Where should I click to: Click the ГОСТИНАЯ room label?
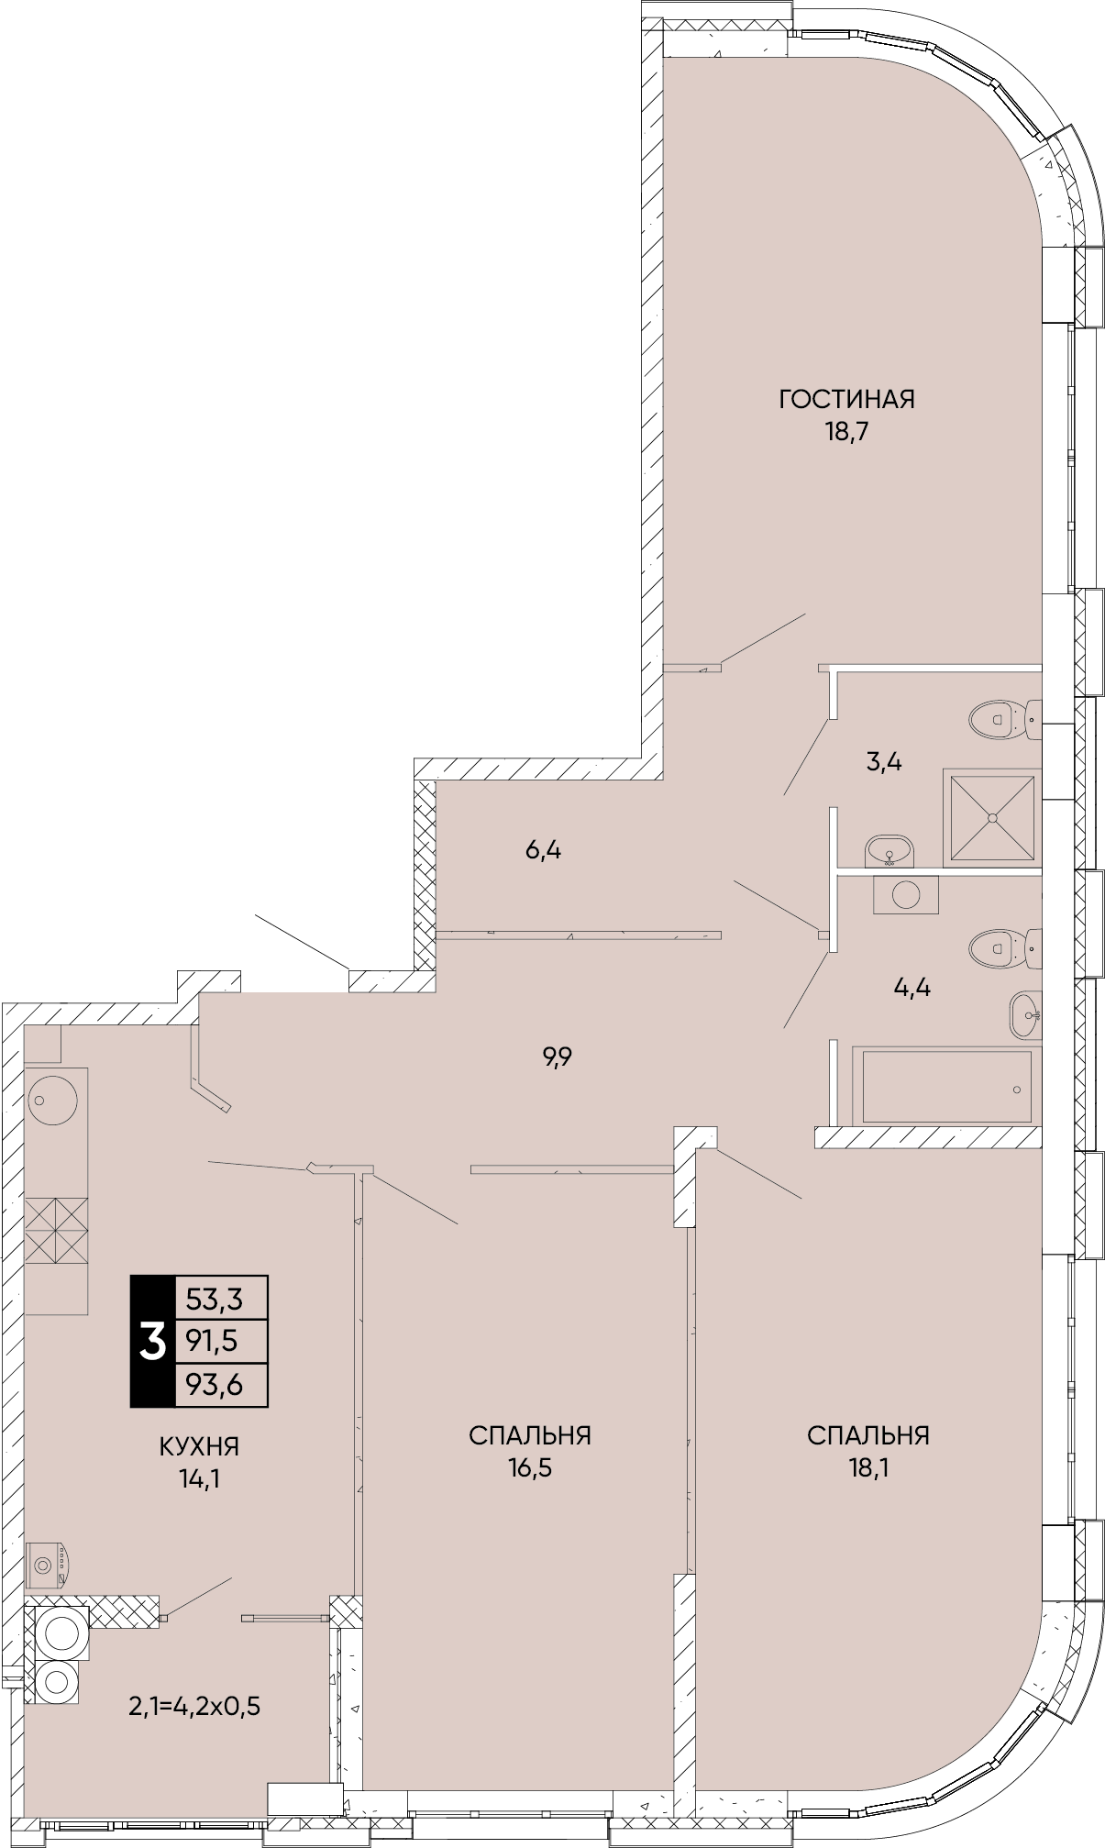(846, 399)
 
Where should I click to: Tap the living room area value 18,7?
(846, 432)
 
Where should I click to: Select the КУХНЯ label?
(199, 1446)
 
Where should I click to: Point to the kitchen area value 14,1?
(199, 1478)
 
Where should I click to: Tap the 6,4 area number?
(543, 850)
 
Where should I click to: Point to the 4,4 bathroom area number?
(912, 988)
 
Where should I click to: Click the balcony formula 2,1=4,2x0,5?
(195, 1706)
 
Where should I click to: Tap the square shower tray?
(992, 817)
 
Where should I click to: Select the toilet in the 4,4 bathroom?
(1005, 948)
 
